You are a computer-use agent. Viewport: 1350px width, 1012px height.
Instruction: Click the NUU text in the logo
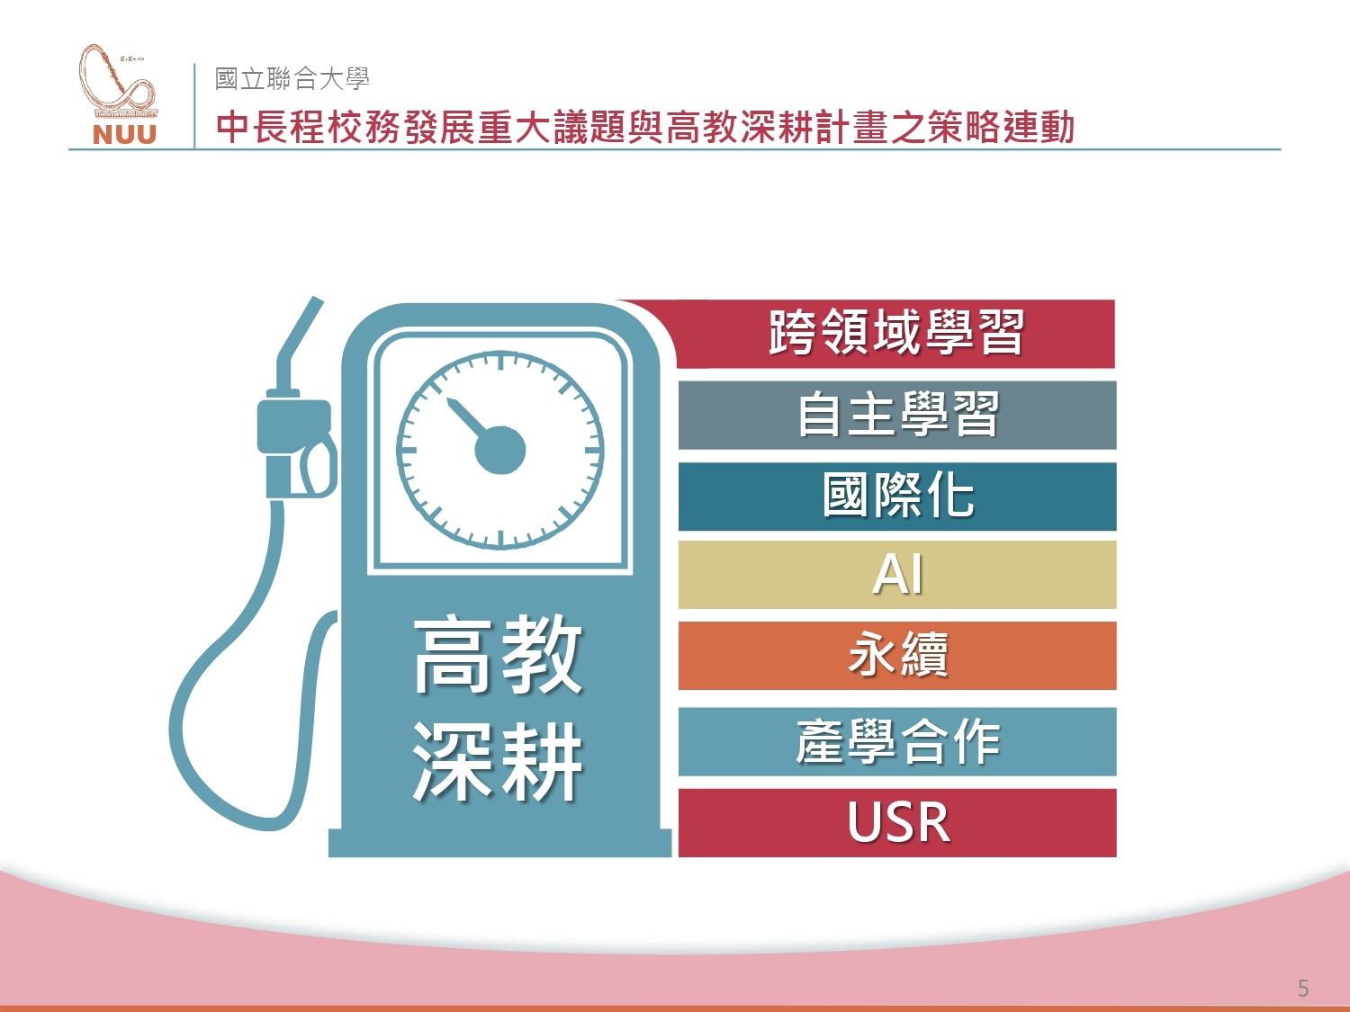click(124, 135)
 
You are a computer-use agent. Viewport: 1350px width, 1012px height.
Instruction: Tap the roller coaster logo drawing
click(118, 81)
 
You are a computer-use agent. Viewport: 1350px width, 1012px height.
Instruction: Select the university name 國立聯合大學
click(292, 78)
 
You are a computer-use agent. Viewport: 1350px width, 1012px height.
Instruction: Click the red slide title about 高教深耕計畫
click(645, 127)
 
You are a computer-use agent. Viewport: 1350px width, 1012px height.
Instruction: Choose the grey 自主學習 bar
click(897, 416)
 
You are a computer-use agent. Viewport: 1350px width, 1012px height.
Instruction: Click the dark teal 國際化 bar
click(897, 497)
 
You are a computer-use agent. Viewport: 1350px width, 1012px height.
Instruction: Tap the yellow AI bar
click(897, 575)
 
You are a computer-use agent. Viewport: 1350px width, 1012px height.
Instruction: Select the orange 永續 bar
click(897, 656)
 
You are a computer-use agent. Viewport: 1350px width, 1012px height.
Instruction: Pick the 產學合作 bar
click(897, 741)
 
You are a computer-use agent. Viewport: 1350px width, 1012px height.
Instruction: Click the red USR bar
click(897, 823)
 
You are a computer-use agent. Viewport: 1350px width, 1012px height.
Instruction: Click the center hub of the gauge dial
click(500, 450)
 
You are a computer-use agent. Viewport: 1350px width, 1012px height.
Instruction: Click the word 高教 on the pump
click(498, 656)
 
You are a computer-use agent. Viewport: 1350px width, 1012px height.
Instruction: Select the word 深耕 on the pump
click(498, 761)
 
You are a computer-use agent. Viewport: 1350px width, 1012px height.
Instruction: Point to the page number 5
click(1302, 988)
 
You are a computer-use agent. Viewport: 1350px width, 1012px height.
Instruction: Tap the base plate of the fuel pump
click(499, 843)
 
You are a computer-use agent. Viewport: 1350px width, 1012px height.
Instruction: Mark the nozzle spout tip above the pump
click(317, 301)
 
